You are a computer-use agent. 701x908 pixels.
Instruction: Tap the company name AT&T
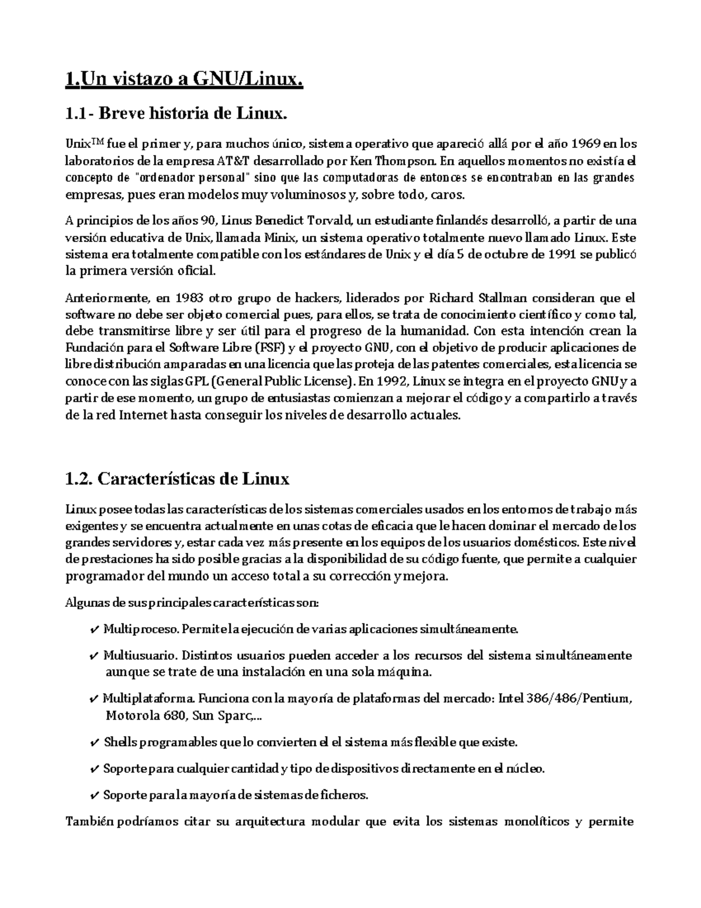click(x=234, y=161)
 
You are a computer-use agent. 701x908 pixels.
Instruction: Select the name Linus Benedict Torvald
click(x=290, y=221)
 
